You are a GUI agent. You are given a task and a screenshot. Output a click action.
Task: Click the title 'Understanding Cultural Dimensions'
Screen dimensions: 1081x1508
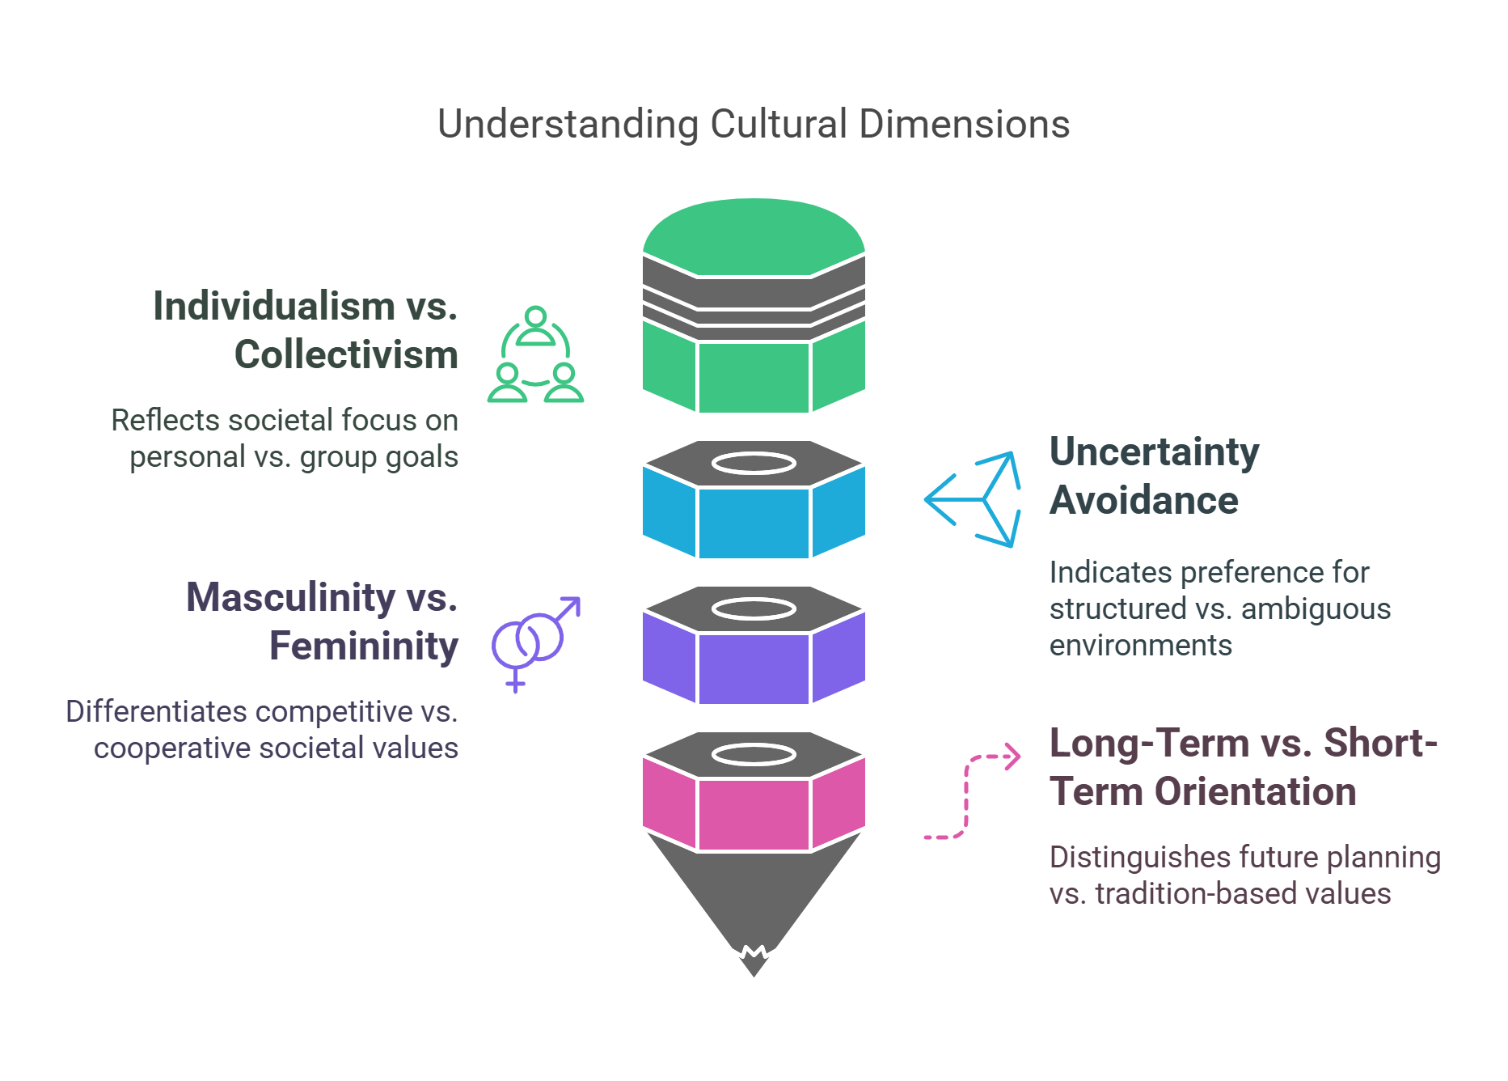pyautogui.click(x=754, y=125)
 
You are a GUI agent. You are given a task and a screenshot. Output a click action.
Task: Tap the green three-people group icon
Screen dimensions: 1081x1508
pyautogui.click(x=535, y=355)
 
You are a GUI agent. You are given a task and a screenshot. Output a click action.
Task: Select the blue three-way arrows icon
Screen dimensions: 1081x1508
pyautogui.click(x=974, y=499)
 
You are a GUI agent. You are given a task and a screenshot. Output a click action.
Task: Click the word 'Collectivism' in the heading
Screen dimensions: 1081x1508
pyautogui.click(x=346, y=355)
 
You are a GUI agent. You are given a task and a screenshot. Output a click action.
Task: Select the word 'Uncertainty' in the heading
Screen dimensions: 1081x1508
pyautogui.click(x=1154, y=451)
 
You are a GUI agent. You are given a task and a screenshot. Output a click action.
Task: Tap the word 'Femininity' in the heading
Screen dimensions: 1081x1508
pyautogui.click(x=364, y=646)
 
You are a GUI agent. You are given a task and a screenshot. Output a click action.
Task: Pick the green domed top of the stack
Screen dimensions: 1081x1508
pyautogui.click(x=754, y=235)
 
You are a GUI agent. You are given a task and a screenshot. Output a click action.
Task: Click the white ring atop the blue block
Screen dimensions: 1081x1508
pyautogui.click(x=754, y=464)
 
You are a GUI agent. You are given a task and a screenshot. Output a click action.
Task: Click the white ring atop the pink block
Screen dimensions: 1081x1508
pyautogui.click(x=754, y=755)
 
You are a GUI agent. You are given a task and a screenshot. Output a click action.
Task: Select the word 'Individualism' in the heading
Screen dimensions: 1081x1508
pyautogui.click(x=273, y=307)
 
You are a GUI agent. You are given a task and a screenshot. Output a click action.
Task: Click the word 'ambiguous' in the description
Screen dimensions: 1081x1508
pyautogui.click(x=1316, y=609)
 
